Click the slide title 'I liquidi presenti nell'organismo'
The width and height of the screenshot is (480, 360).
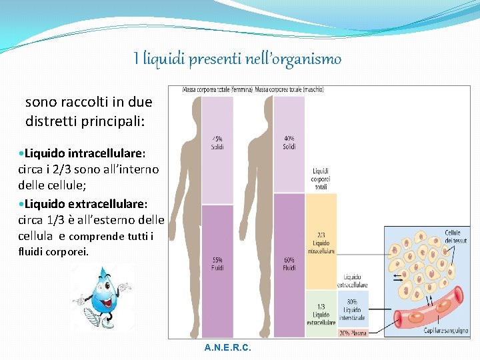point(237,59)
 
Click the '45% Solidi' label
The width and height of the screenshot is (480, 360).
point(218,143)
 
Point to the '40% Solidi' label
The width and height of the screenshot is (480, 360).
point(289,143)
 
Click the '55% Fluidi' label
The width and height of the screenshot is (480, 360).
point(218,263)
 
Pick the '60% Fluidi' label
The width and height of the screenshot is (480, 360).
point(289,263)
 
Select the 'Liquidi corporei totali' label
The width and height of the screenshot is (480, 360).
point(320,179)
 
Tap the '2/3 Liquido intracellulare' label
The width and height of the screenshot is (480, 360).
point(321,243)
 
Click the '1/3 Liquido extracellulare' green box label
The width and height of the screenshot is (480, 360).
point(321,311)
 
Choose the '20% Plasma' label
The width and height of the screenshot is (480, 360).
point(354,332)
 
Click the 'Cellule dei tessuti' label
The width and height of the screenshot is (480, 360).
point(456,237)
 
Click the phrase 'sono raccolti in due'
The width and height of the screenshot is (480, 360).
point(88,102)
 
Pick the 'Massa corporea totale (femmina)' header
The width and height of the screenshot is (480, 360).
point(210,89)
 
